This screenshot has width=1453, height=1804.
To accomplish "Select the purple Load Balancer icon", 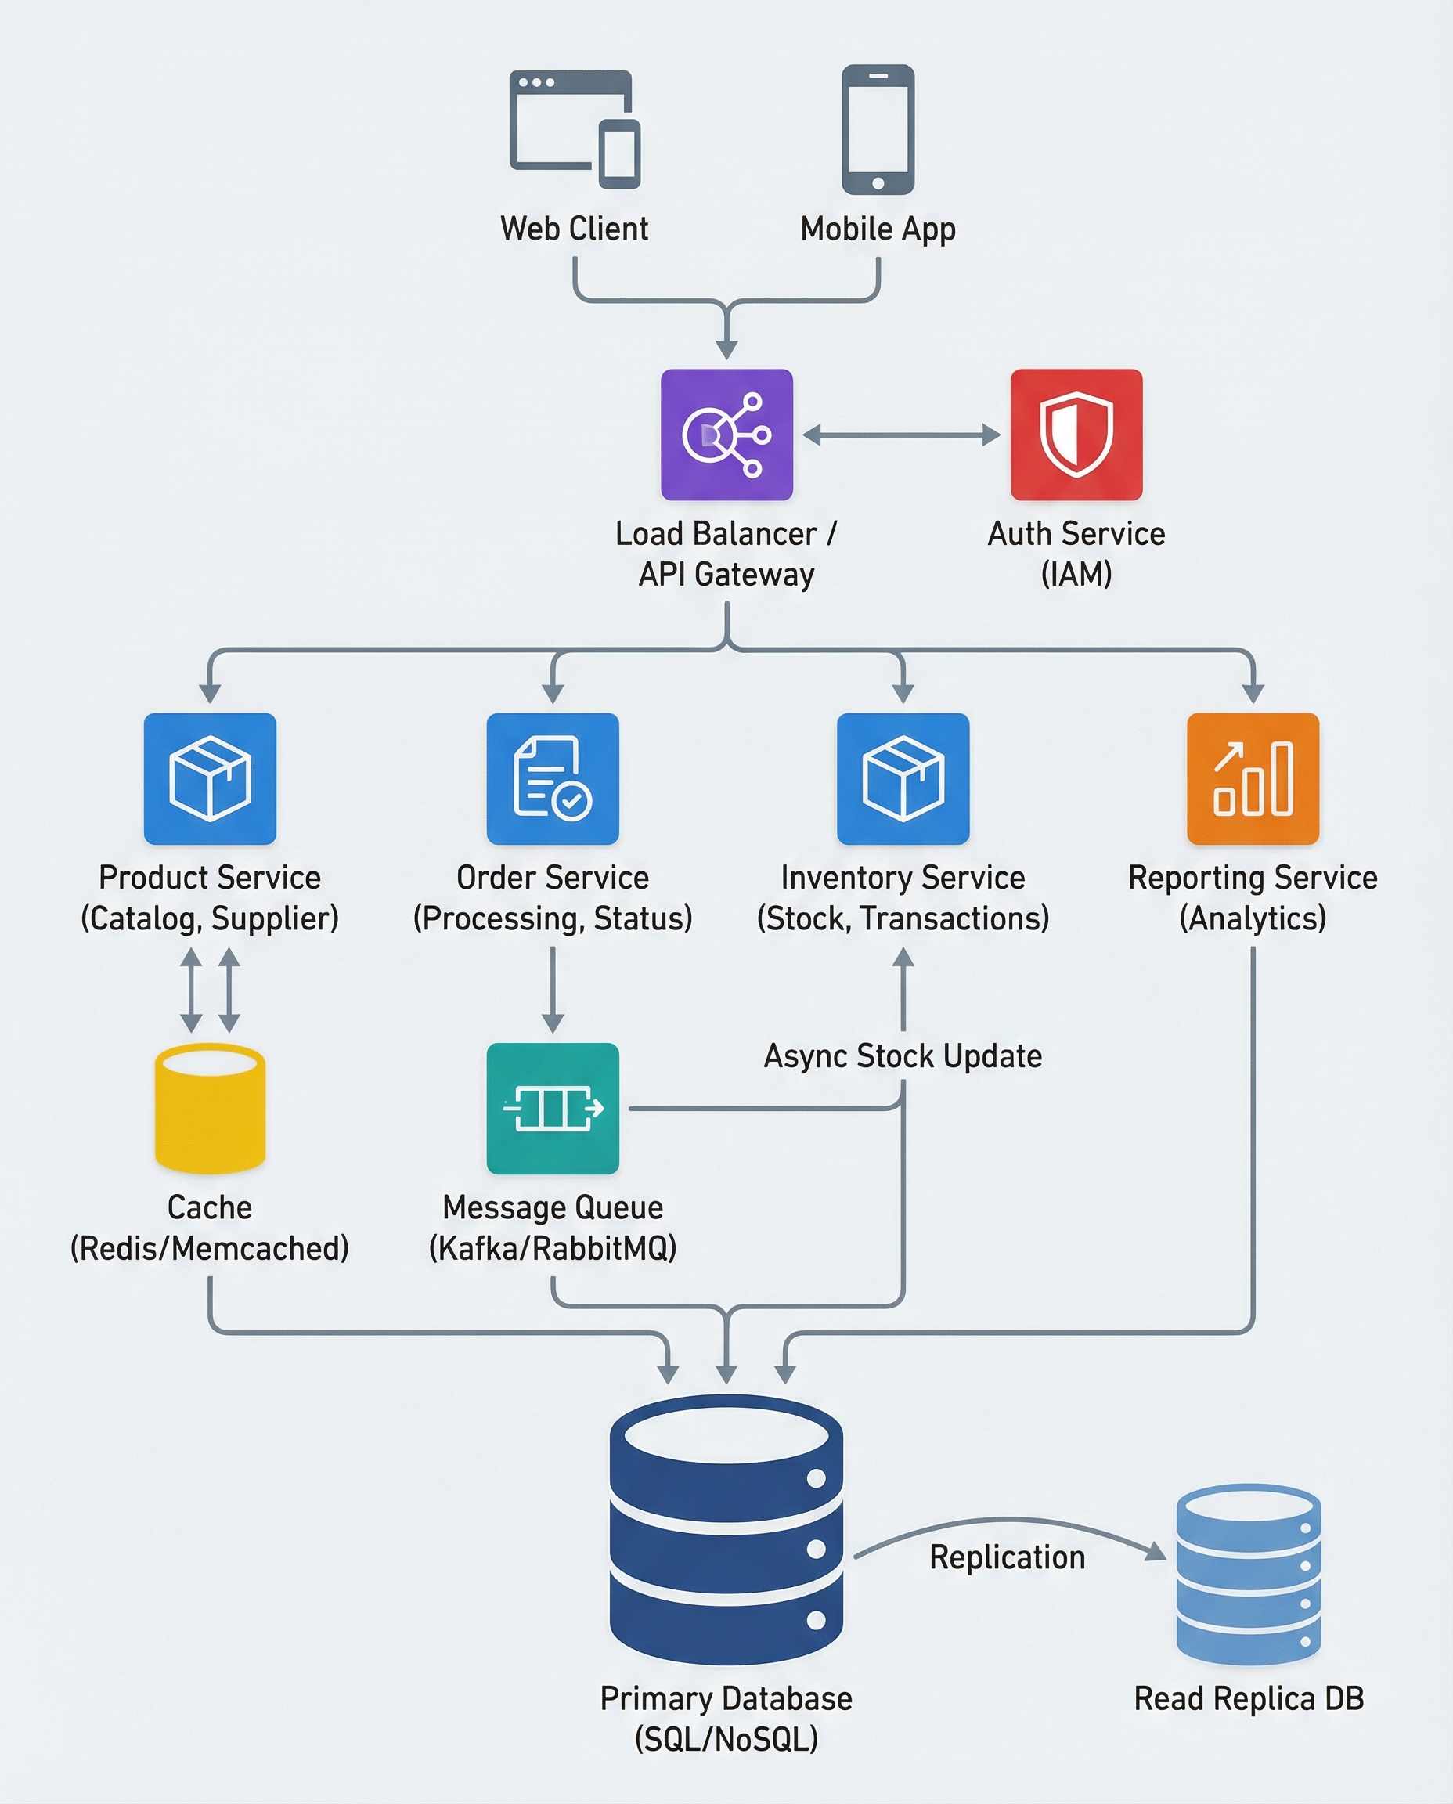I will [726, 435].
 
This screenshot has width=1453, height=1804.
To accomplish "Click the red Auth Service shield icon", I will [1076, 435].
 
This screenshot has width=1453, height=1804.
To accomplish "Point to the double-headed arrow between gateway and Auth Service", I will [901, 435].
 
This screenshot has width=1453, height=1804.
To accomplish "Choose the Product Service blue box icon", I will [210, 778].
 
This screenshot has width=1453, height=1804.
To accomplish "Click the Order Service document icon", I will [553, 778].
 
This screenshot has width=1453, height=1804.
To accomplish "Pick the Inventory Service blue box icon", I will [903, 778].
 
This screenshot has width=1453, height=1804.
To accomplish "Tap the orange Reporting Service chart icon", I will [1252, 778].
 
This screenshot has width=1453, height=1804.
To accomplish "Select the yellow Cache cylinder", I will [210, 1107].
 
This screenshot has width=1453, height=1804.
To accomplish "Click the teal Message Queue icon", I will [553, 1107].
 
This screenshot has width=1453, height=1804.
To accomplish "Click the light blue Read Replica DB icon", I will [1248, 1574].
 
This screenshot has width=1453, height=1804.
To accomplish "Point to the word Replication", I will [1007, 1557].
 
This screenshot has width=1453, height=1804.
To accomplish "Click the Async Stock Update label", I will [903, 1056].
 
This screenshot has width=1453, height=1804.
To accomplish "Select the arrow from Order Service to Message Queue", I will [553, 988].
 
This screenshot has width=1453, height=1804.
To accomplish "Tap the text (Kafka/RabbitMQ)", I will [553, 1248].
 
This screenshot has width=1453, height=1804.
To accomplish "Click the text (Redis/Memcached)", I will [209, 1248].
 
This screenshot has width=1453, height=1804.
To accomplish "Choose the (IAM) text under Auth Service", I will [1076, 574].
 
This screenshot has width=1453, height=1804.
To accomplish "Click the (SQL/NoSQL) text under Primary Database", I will [726, 1740].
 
